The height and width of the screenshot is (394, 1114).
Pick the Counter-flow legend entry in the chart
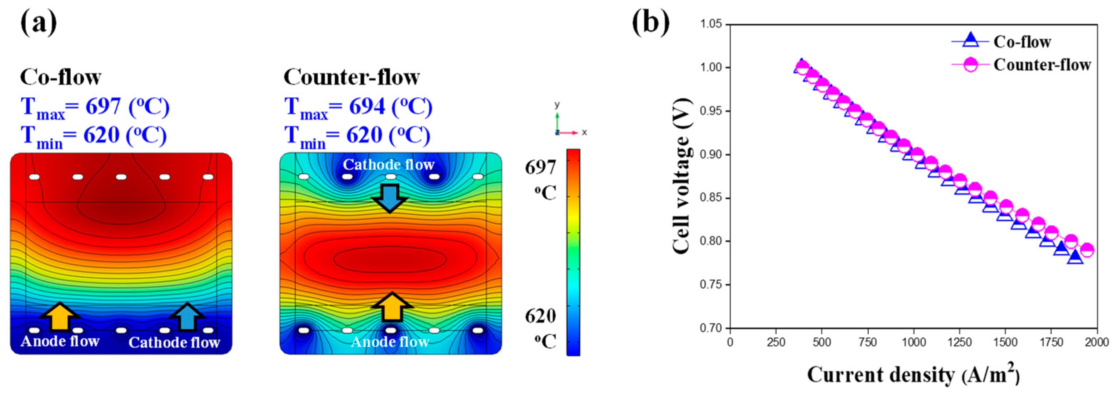click(x=1041, y=65)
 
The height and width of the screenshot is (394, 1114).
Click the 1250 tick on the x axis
click(x=960, y=343)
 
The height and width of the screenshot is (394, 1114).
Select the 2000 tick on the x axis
click(x=1097, y=343)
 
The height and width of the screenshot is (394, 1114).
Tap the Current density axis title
click(x=913, y=375)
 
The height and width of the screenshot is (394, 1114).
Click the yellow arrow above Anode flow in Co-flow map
click(x=60, y=316)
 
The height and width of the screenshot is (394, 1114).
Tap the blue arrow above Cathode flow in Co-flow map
click(x=187, y=316)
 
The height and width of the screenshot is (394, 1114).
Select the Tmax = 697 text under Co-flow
click(x=95, y=107)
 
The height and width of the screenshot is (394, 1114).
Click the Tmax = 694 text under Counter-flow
click(x=358, y=107)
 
